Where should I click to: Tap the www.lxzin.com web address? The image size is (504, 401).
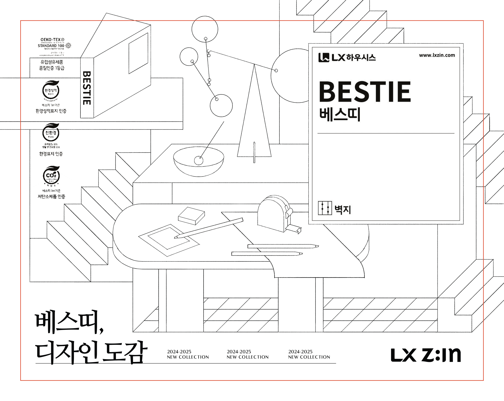coord(437,55)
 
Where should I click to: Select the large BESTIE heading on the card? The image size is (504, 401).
coord(365,92)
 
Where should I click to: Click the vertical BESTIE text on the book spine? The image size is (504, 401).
coord(87,88)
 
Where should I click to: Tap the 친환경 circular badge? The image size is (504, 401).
coord(51,132)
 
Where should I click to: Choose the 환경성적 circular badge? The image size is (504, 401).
coord(51,90)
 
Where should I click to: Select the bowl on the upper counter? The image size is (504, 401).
coord(199,161)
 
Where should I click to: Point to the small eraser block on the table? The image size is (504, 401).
coord(192,216)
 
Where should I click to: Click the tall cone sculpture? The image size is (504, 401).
coord(254,113)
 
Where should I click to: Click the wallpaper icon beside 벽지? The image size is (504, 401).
coord(325,208)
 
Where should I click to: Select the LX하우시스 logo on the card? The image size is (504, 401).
coord(347,57)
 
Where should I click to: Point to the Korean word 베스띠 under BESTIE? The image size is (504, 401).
coord(340,115)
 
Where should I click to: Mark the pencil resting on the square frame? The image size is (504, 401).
coord(209,228)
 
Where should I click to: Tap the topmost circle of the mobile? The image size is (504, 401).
coord(205,29)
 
